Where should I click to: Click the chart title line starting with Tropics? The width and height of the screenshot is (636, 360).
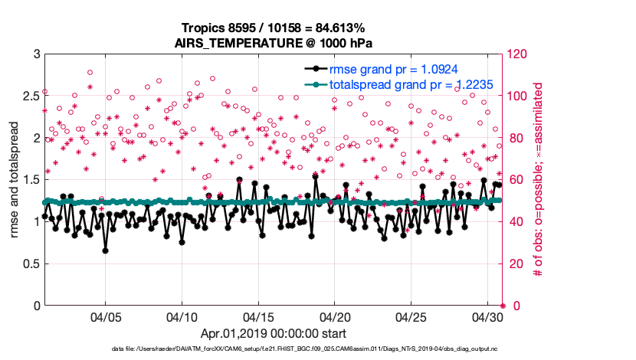click(x=274, y=28)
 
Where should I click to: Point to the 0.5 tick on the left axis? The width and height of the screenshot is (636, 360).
click(x=29, y=264)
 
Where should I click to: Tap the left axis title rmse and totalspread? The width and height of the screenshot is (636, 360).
click(x=15, y=179)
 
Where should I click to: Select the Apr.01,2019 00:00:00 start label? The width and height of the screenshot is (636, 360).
click(x=273, y=334)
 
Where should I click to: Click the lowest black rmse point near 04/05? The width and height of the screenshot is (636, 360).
click(x=105, y=250)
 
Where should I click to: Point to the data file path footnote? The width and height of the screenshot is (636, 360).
click(x=305, y=350)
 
